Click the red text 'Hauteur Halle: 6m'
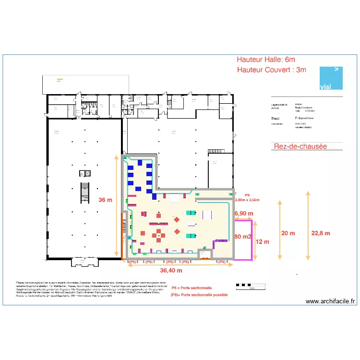pos(265,60)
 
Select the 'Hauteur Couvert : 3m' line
pos(271,70)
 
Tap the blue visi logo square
pos(332,78)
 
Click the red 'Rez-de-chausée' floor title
pos(300,146)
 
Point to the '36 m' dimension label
pos(105,200)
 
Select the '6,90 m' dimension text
pos(243,213)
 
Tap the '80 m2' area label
pos(243,236)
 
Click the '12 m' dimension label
pos(263,241)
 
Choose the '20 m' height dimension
pos(288,233)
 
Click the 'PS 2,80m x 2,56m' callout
pos(247,198)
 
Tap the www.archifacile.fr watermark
pos(330,301)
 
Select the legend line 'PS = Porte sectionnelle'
pos(192,288)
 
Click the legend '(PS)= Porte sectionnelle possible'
pos(199,295)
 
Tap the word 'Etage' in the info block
pos(275,117)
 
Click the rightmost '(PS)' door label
pos(221,262)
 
